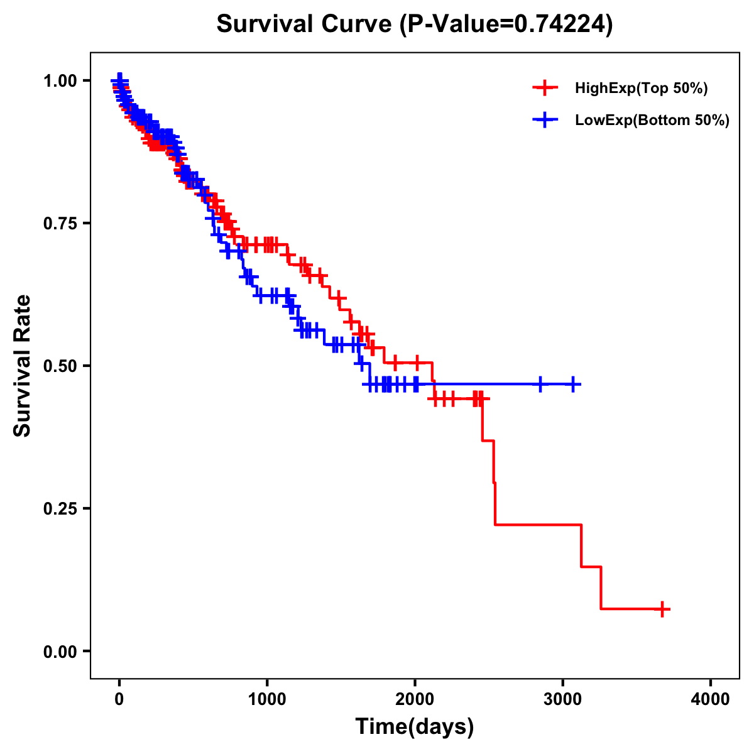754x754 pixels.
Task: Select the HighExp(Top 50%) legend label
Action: (641, 89)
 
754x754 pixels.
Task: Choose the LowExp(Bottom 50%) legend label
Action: (652, 121)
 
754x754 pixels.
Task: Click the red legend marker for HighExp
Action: (545, 89)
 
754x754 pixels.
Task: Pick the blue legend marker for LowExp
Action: (545, 120)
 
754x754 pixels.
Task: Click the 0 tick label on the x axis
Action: (119, 699)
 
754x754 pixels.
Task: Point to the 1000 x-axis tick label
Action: (267, 699)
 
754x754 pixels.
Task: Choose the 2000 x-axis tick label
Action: (415, 699)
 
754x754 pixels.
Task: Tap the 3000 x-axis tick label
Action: (563, 699)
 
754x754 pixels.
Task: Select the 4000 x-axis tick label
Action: (711, 699)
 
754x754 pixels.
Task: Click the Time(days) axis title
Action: (415, 727)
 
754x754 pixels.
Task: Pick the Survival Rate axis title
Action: (23, 365)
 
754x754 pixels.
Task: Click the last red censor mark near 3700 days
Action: (662, 609)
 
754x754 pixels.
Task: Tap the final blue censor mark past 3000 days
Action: (573, 384)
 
